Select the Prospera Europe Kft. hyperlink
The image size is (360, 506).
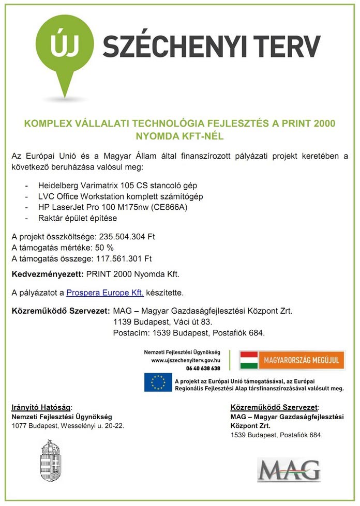105,293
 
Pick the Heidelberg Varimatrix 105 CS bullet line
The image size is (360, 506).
117,185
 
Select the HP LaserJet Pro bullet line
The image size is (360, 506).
112,207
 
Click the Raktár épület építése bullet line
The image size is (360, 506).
78,218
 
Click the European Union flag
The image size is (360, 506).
158,382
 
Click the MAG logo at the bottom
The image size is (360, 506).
289,469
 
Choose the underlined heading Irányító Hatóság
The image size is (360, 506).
41,407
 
